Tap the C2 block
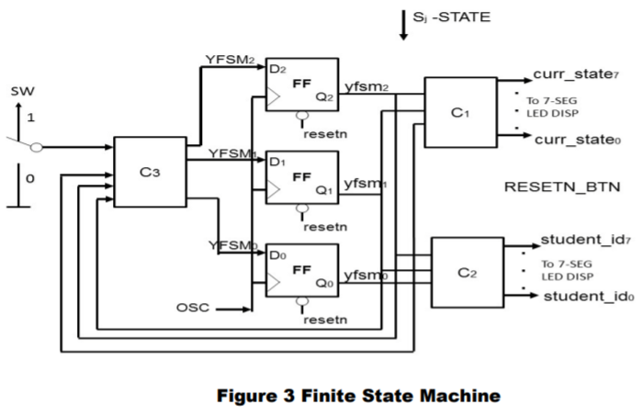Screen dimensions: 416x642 pyautogui.click(x=467, y=272)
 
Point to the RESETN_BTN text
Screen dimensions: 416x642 pyautogui.click(x=562, y=187)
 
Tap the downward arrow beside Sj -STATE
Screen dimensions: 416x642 pyautogui.click(x=403, y=25)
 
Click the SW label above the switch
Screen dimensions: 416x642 pyautogui.click(x=20, y=92)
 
